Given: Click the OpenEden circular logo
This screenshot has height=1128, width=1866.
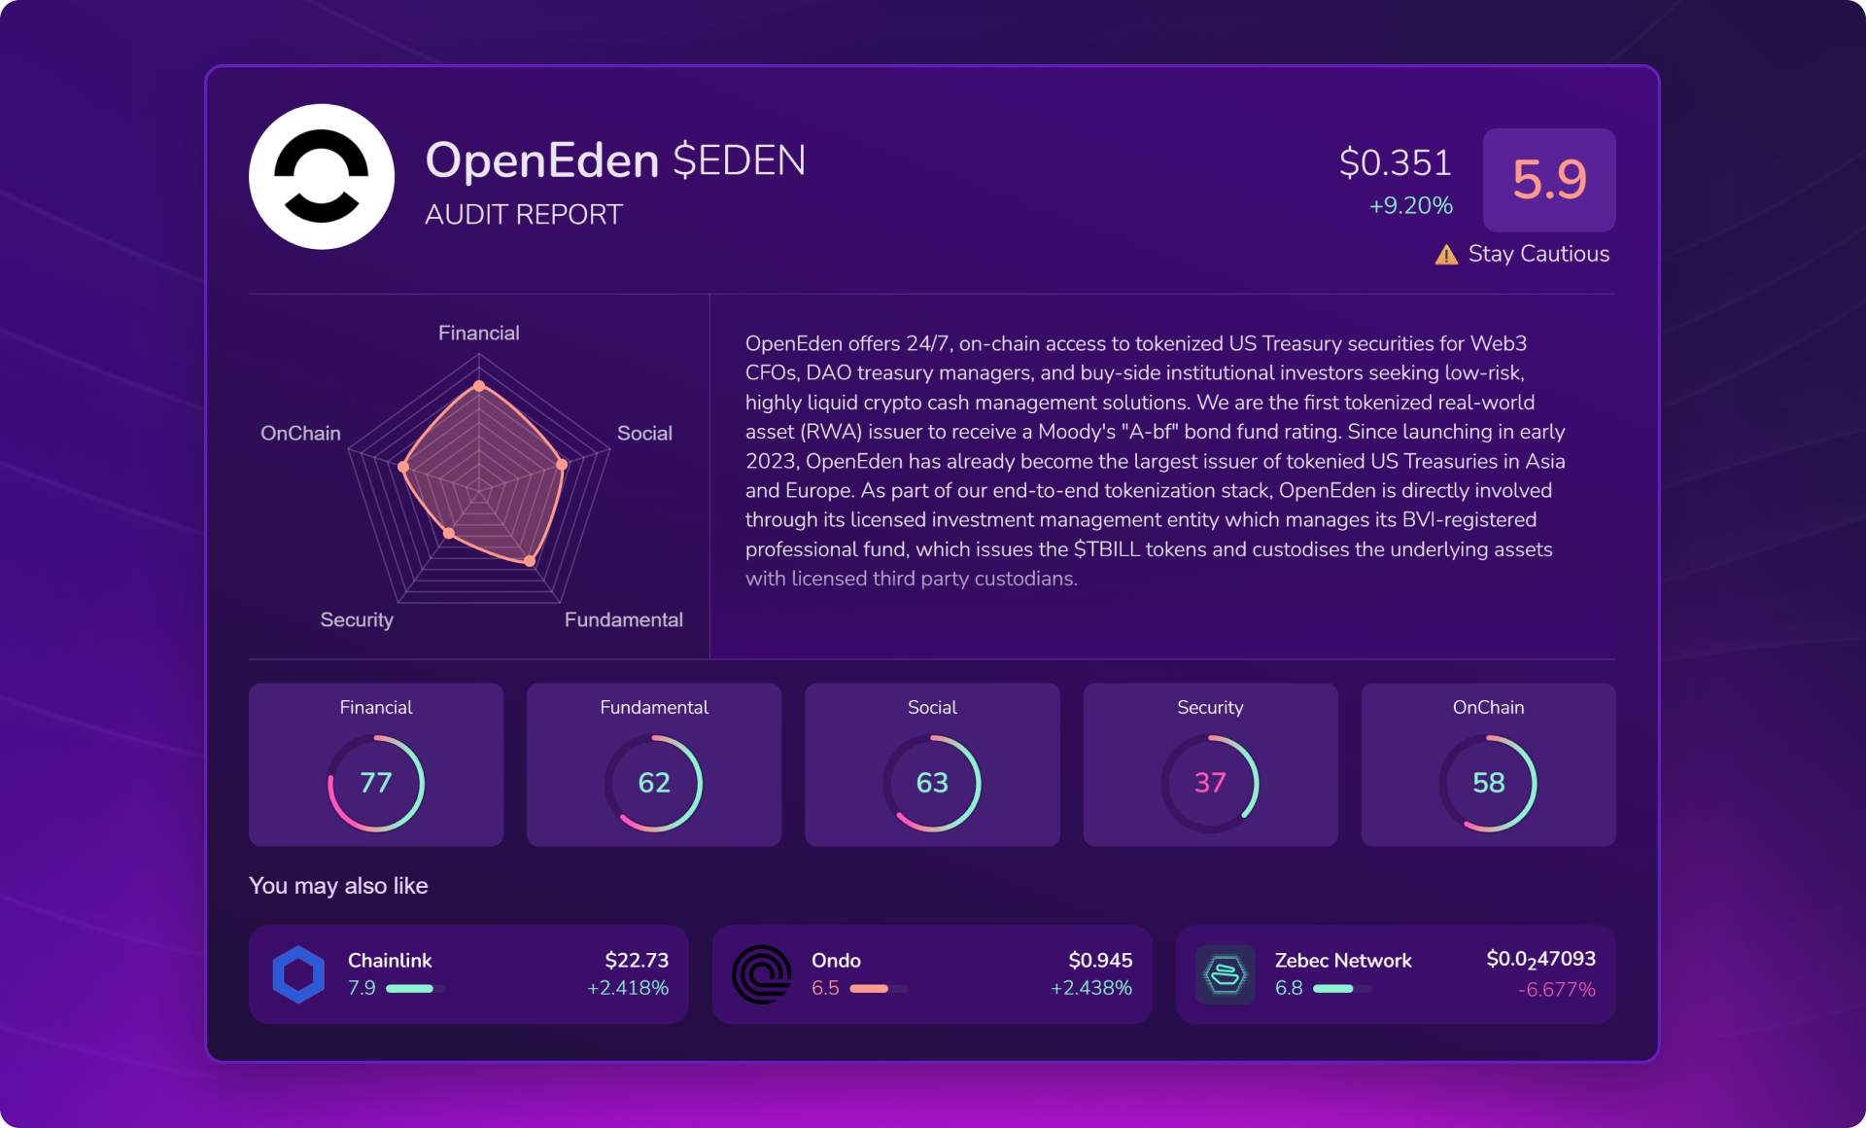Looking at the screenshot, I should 322,177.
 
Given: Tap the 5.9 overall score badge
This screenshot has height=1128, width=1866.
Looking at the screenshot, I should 1549,180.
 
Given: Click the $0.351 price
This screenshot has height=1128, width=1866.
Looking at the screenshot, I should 1395,162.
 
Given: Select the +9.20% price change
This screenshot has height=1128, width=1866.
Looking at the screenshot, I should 1410,205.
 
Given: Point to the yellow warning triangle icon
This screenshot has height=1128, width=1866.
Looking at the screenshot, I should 1446,255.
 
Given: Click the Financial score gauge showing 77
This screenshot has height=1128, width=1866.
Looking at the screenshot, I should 376,783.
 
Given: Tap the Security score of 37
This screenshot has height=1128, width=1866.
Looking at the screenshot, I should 1210,783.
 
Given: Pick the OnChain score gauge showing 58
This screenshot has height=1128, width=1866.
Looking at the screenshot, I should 1488,783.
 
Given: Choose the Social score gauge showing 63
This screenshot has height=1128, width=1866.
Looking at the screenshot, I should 932,783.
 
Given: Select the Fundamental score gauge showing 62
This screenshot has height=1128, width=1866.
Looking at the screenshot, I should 654,783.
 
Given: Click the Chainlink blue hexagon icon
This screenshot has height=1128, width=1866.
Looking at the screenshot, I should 298,974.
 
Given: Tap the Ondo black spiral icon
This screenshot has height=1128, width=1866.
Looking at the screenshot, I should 762,974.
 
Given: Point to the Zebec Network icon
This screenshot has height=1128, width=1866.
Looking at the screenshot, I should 1226,974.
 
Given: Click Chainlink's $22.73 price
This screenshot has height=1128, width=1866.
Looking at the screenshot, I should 637,961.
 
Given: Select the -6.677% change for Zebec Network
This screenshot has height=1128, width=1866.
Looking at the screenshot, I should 1557,990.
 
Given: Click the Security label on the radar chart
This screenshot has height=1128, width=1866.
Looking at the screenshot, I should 357,620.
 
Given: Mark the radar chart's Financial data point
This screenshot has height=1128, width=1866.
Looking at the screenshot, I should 479,386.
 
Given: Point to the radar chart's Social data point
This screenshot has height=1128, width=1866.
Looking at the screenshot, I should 562,465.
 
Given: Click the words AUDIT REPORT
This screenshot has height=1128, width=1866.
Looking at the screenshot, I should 524,215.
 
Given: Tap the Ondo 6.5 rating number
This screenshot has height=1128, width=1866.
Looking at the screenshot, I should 825,988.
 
